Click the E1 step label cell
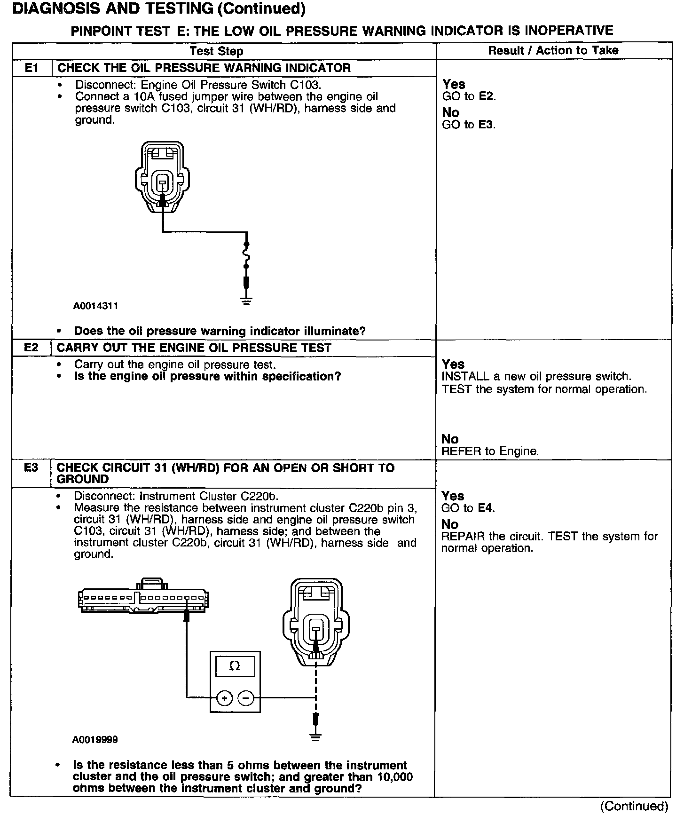pyautogui.click(x=31, y=68)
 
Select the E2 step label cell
pyautogui.click(x=31, y=348)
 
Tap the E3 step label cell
pyautogui.click(x=31, y=468)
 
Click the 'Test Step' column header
pyautogui.click(x=216, y=51)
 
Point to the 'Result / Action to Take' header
pyautogui.click(x=553, y=51)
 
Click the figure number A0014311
pyautogui.click(x=95, y=306)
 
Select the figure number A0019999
pyautogui.click(x=95, y=740)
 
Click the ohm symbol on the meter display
pyautogui.click(x=234, y=666)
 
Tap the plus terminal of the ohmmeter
pyautogui.click(x=224, y=698)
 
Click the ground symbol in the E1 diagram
pyautogui.click(x=246, y=301)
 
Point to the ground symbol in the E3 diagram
pyautogui.click(x=315, y=736)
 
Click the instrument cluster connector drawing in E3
pyautogui.click(x=143, y=598)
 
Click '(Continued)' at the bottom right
pyautogui.click(x=634, y=806)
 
